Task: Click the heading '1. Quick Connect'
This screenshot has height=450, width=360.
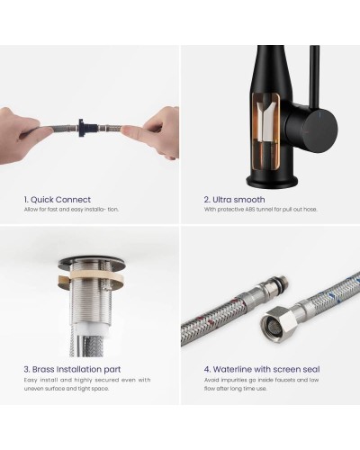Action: click(x=58, y=200)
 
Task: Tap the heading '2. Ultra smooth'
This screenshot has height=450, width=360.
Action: click(x=234, y=200)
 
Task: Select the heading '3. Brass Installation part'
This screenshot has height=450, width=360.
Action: click(x=72, y=369)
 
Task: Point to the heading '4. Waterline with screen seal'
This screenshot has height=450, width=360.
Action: click(x=262, y=369)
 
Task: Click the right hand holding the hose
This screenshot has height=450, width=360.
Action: click(x=155, y=131)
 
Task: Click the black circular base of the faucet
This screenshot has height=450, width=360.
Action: click(x=272, y=181)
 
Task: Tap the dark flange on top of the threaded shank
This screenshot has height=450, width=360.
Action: click(x=92, y=260)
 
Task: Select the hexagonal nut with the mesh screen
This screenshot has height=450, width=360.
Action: click(x=279, y=321)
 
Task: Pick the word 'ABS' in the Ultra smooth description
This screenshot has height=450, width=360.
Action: click(x=249, y=210)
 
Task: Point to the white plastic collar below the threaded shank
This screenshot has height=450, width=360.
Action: click(x=87, y=329)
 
